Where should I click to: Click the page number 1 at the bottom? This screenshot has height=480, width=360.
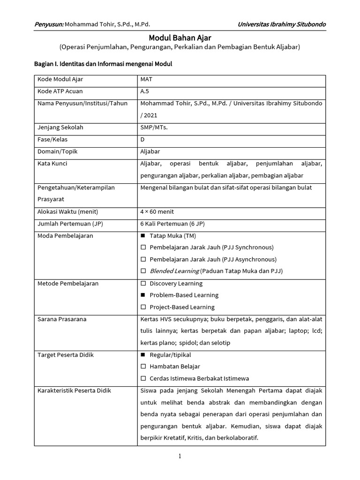point(180,457)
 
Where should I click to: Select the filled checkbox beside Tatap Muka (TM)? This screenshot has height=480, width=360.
point(143,235)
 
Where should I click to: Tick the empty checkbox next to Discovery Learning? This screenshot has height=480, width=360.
point(143,283)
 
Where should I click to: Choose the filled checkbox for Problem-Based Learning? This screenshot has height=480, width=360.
point(143,295)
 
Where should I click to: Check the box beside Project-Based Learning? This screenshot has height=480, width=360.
point(143,307)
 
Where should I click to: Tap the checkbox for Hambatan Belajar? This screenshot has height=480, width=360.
point(143,367)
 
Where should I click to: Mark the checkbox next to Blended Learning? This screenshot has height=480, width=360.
point(143,271)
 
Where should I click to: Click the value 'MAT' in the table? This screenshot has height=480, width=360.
point(147,79)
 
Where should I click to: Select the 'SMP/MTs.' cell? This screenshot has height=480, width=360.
point(154,127)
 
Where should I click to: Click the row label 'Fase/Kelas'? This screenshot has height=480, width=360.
point(52,139)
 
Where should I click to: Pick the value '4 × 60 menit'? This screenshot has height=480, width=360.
point(157,211)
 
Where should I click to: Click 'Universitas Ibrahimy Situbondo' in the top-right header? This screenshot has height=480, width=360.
point(282,24)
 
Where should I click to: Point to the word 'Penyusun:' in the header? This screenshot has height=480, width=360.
point(49,24)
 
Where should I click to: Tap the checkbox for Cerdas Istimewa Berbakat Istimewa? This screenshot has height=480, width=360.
point(143,378)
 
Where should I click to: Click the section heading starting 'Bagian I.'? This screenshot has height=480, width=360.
point(103,64)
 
